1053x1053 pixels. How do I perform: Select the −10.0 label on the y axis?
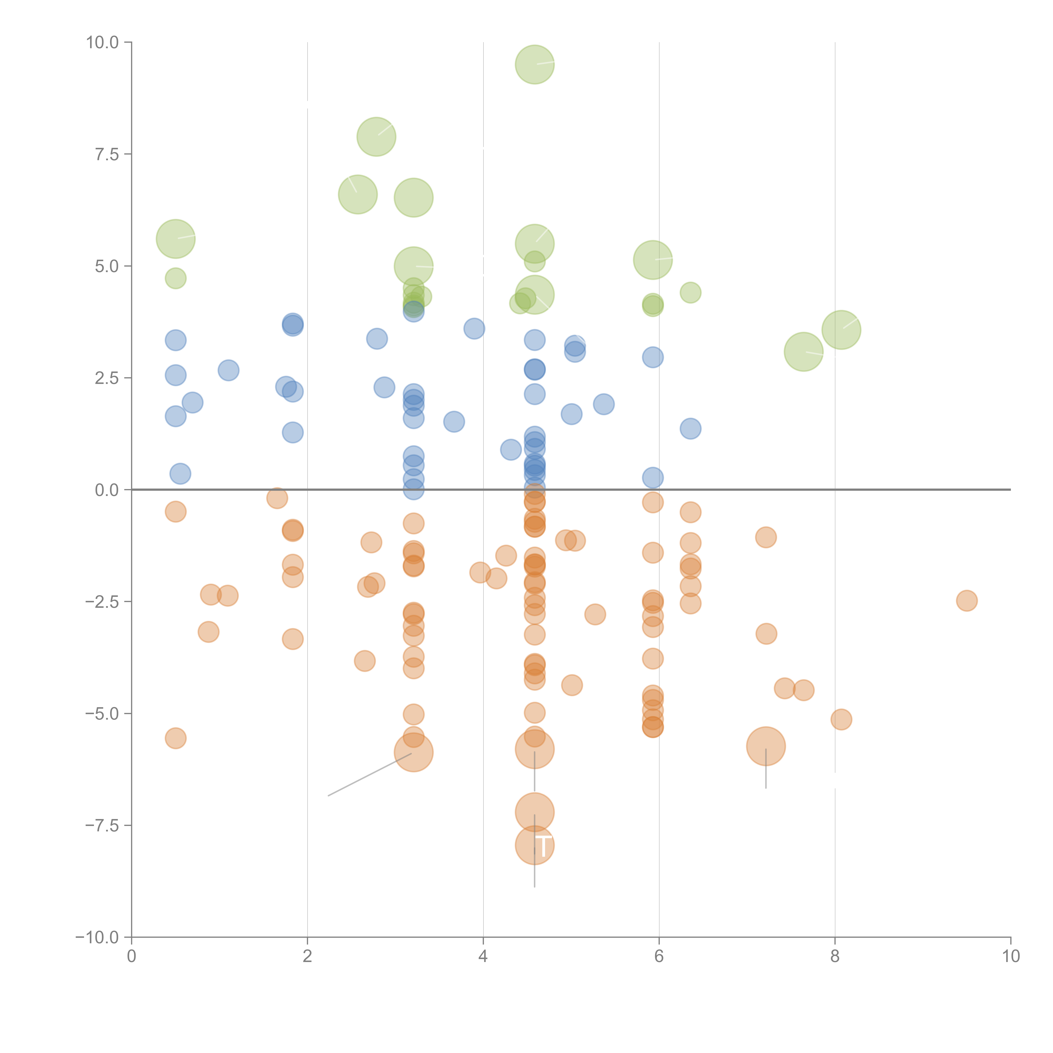pyautogui.click(x=97, y=937)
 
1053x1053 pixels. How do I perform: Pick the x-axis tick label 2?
pyautogui.click(x=307, y=957)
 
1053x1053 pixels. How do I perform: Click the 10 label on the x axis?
pyautogui.click(x=1010, y=957)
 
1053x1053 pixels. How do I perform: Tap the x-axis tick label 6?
pyautogui.click(x=659, y=957)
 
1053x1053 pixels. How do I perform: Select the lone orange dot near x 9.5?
pyautogui.click(x=966, y=601)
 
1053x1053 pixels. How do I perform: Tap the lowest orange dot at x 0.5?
pyautogui.click(x=175, y=739)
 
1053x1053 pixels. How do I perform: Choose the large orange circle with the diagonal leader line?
pyautogui.click(x=414, y=753)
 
